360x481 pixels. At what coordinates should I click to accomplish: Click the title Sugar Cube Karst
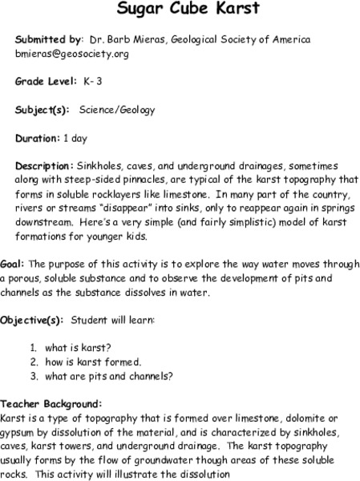point(180,10)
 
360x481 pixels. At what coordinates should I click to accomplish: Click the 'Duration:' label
point(38,138)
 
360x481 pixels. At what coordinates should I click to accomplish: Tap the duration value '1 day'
point(75,138)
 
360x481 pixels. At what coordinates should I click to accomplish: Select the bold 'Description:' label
point(45,166)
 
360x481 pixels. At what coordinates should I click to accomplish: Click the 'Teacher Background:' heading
point(51,403)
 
